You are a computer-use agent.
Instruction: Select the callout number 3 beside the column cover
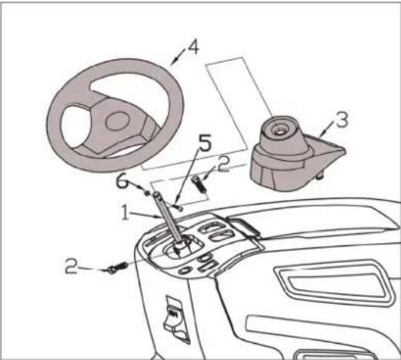coord(342,119)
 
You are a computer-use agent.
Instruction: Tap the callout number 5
coord(205,143)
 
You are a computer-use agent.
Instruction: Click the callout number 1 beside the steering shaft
coord(125,212)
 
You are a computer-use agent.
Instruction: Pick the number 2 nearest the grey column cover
coord(223,164)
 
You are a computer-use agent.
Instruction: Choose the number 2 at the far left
coord(71,266)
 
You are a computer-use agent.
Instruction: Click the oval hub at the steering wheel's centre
coord(117,121)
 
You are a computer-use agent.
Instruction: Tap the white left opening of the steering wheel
coord(75,127)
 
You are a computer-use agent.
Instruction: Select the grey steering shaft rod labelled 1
coord(168,218)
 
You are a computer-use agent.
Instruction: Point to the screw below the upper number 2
coord(199,185)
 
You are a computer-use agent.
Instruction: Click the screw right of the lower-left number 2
coord(117,268)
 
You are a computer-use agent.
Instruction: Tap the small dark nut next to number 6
coord(148,192)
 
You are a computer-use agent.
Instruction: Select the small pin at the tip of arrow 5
coord(180,208)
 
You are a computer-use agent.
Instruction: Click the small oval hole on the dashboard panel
coord(185,270)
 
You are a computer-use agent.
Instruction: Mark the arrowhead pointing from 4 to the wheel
coord(175,60)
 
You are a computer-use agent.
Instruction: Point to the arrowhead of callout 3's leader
coord(323,134)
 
